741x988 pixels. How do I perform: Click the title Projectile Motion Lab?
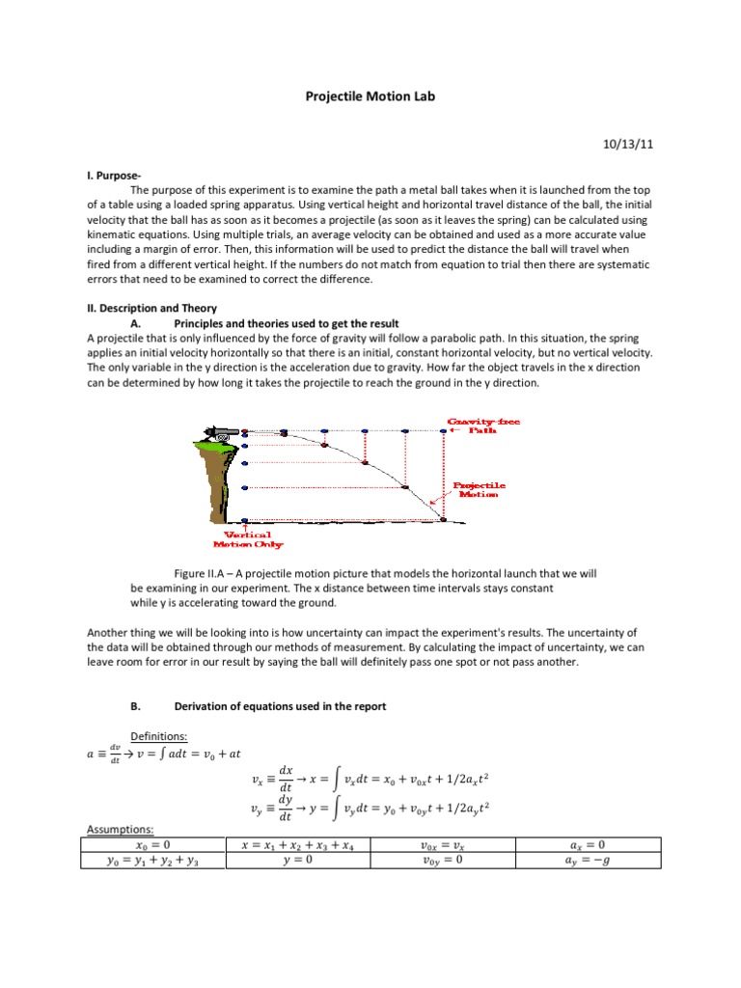(371, 97)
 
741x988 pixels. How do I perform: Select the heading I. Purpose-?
(114, 177)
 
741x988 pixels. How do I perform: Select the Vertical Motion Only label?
(247, 539)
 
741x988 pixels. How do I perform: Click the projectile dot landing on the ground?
(443, 520)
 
